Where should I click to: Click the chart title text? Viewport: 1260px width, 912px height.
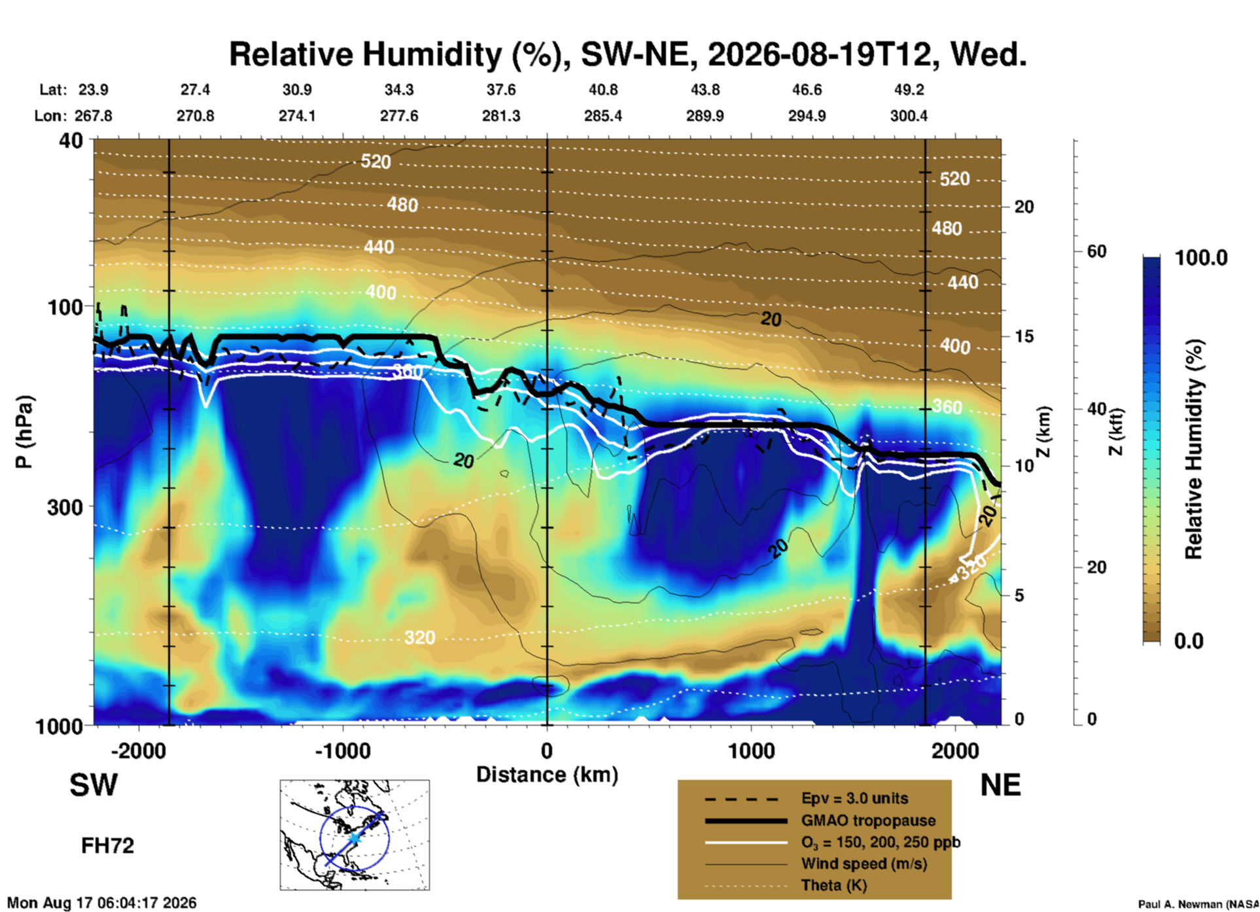click(x=627, y=54)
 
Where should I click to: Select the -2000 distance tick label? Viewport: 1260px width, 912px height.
click(x=139, y=750)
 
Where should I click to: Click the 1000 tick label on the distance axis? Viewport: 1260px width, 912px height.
click(x=751, y=750)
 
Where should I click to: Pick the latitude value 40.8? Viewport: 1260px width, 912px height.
click(x=603, y=90)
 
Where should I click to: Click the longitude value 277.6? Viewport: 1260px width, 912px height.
click(x=399, y=116)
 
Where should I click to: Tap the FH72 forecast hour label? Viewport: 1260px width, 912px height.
click(x=107, y=846)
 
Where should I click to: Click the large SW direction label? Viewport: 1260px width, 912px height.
click(x=94, y=785)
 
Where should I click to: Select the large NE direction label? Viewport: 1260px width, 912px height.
click(x=1000, y=785)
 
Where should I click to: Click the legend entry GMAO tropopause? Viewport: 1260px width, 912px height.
click(x=868, y=820)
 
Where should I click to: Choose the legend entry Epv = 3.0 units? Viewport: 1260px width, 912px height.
click(x=854, y=798)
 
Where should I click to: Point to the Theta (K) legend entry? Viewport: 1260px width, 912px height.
click(x=834, y=885)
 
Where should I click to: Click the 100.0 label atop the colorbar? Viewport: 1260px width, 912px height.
click(x=1201, y=258)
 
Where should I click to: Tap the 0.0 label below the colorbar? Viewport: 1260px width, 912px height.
click(x=1189, y=640)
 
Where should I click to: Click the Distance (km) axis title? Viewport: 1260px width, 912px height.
click(x=547, y=775)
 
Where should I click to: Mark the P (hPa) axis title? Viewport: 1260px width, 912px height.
click(x=24, y=432)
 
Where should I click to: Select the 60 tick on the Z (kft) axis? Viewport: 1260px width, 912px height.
click(x=1096, y=251)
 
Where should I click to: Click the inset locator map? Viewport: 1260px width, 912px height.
click(x=355, y=835)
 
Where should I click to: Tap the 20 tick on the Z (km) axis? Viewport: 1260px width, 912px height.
click(x=1024, y=207)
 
